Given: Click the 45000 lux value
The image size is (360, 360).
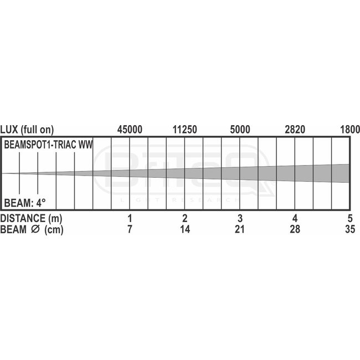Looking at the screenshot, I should click(x=130, y=130).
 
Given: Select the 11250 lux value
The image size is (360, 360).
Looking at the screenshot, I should click(x=185, y=130).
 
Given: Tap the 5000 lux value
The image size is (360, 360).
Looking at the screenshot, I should click(x=240, y=130).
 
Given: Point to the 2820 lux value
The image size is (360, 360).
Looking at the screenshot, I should click(x=295, y=130).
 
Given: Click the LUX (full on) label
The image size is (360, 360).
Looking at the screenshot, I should click(x=27, y=130).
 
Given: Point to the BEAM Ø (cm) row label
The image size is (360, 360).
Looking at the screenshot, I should click(x=31, y=230).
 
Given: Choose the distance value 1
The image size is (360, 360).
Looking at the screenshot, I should click(x=130, y=218).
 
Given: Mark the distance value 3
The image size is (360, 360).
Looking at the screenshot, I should click(x=240, y=218).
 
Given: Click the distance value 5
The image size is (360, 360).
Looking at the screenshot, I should click(x=349, y=218).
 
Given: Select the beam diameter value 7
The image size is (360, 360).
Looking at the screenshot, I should click(x=130, y=230).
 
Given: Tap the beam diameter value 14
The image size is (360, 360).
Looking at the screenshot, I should click(x=185, y=230).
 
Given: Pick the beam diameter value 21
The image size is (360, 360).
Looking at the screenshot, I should click(x=240, y=230).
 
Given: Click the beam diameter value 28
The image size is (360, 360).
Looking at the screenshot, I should click(x=295, y=230).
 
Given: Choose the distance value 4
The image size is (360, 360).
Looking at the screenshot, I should click(x=295, y=218).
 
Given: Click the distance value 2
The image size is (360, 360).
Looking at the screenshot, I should click(x=185, y=218).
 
